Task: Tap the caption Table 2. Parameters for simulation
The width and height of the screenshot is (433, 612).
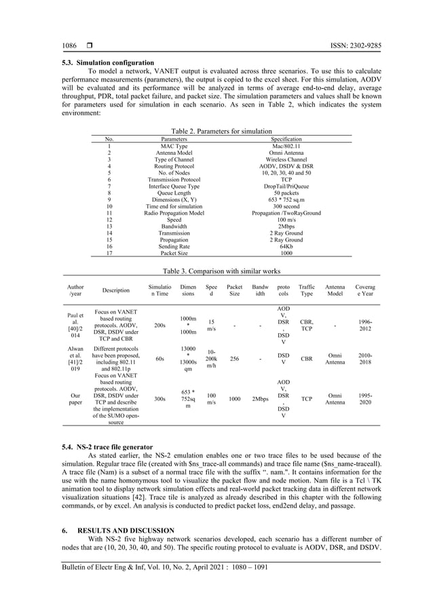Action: pyautogui.click(x=216, y=131)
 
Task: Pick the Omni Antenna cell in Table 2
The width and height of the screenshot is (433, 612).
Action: pyautogui.click(x=276, y=153)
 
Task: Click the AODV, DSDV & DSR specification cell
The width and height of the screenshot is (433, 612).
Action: pyautogui.click(x=276, y=166)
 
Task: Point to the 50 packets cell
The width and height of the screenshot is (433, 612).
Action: pyautogui.click(x=276, y=193)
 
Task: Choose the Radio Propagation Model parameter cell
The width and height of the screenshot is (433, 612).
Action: pyautogui.click(x=174, y=213)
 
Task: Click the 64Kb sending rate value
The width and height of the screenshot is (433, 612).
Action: pyautogui.click(x=276, y=246)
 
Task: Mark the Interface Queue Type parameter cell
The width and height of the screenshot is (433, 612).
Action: pyautogui.click(x=174, y=186)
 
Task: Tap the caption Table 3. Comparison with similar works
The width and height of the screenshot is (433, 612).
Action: pyautogui.click(x=216, y=271)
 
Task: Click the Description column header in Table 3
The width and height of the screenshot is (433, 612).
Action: pyautogui.click(x=115, y=290)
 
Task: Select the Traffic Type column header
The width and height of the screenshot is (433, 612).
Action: pyautogui.click(x=307, y=291)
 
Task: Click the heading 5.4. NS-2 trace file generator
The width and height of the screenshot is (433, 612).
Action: pyautogui.click(x=105, y=448)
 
